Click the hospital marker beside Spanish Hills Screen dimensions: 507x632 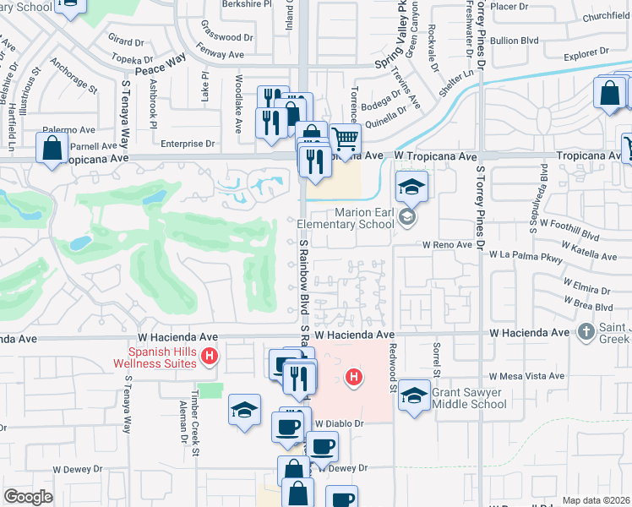tap(210, 357)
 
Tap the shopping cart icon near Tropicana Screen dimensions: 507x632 tap(345, 138)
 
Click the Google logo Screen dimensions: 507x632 tap(28, 497)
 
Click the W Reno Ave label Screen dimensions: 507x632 tap(447, 244)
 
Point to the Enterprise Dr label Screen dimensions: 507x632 tap(188, 144)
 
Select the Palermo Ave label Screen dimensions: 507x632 tap(69, 130)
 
